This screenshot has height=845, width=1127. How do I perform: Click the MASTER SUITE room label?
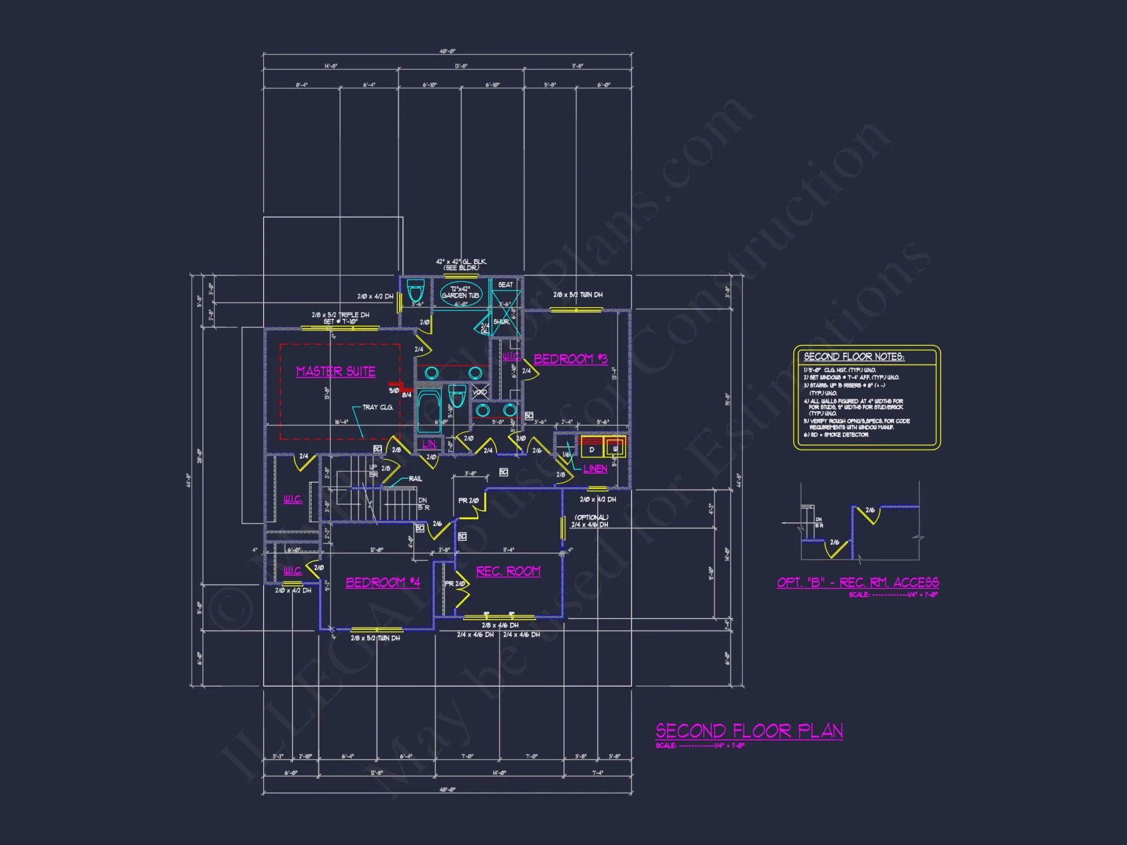point(336,371)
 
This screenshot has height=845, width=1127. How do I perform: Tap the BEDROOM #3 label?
point(570,359)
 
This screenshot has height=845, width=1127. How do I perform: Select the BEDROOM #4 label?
point(383,582)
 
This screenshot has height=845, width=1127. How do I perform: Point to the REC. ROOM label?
point(508,571)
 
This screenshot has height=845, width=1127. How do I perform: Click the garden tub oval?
point(460,293)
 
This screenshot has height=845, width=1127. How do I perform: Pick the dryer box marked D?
point(592,450)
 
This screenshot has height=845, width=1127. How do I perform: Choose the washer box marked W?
point(615,449)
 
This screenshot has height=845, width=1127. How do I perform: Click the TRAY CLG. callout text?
point(378,407)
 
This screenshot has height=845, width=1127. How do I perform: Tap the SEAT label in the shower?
point(505,284)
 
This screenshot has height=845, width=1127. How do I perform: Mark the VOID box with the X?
point(480,392)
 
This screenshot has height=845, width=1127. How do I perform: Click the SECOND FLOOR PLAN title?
point(749,731)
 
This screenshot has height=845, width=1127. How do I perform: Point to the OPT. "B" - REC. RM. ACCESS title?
point(858,582)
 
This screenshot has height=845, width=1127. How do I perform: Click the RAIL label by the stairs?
point(415,479)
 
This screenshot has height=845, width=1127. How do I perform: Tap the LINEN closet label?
point(595,469)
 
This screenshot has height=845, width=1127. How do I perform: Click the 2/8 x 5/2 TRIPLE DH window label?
point(340,315)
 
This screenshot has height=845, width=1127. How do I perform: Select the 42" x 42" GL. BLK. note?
point(461,262)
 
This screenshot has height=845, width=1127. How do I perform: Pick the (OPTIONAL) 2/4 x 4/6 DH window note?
point(591,521)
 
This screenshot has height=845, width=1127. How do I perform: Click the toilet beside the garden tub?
point(416,290)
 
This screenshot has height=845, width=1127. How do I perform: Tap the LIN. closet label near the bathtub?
point(429,444)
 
